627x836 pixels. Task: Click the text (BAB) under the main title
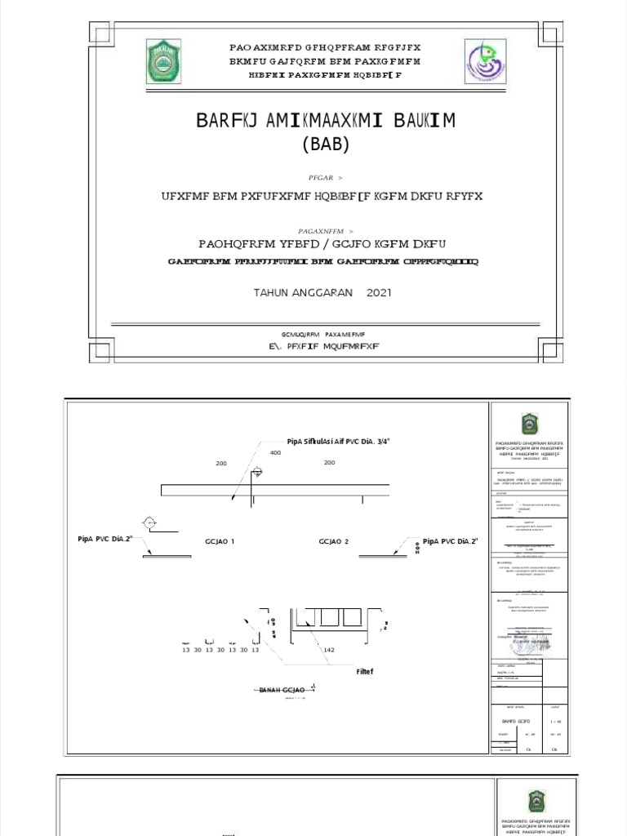325,145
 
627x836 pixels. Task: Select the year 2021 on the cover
379,292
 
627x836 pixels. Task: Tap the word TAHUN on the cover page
273,292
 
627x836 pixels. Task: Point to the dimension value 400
275,452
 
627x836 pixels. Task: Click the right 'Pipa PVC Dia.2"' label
451,541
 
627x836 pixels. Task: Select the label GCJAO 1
220,541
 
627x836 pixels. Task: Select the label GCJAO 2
334,541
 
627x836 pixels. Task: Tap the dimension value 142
330,650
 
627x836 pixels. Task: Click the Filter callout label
364,673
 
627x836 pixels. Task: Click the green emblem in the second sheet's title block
530,424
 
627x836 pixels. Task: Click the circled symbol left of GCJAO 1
149,522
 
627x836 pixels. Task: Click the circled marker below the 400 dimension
257,472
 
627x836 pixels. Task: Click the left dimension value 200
220,463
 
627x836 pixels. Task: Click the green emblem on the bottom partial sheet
536,800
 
